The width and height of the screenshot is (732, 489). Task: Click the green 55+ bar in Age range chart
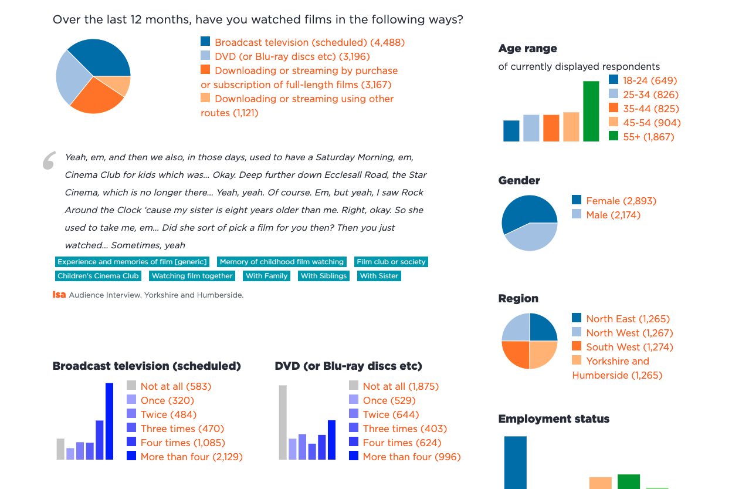pyautogui.click(x=591, y=112)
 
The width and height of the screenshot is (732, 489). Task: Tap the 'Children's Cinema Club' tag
pyautogui.click(x=98, y=276)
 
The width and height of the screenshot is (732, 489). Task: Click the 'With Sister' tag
pyautogui.click(x=379, y=276)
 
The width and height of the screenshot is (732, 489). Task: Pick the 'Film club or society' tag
pyautogui.click(x=391, y=262)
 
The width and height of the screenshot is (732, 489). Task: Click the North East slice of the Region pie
pyautogui.click(x=543, y=328)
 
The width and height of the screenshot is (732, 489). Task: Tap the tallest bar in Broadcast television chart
pyautogui.click(x=109, y=421)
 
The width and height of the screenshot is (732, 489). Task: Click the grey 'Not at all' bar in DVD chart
pyautogui.click(x=283, y=422)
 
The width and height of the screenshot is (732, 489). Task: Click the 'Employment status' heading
pyautogui.click(x=553, y=419)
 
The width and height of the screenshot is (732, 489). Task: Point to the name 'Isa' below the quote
pyautogui.click(x=59, y=295)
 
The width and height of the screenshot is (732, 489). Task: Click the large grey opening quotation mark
pyautogui.click(x=49, y=161)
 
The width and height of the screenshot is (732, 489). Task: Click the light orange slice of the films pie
pyautogui.click(x=121, y=86)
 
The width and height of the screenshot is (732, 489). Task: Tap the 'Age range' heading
pyautogui.click(x=527, y=49)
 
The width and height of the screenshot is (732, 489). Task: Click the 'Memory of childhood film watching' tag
pyautogui.click(x=282, y=262)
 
